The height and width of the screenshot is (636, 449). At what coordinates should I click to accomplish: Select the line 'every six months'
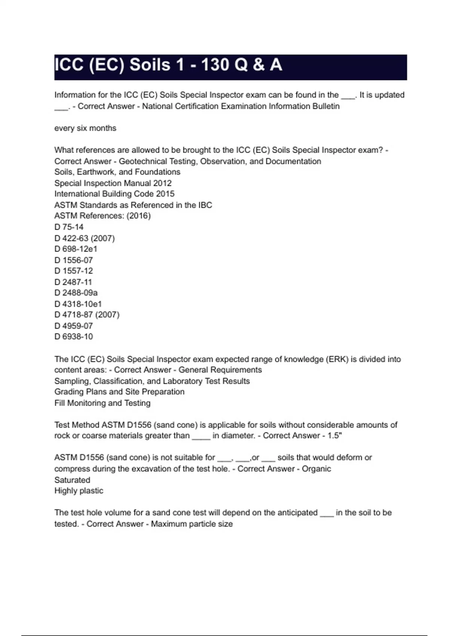click(85, 128)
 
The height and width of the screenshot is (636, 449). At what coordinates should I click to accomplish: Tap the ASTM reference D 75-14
click(69, 227)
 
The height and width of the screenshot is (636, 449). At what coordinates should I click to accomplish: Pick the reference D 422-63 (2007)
click(85, 238)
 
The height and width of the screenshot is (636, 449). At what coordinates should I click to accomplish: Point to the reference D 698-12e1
click(76, 249)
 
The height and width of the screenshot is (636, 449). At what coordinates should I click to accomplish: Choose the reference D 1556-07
click(74, 260)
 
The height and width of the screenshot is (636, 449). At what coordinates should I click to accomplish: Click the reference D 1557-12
click(74, 271)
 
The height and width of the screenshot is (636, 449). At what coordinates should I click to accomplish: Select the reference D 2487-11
click(73, 282)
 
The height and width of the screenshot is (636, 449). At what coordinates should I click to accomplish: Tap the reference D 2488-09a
click(76, 293)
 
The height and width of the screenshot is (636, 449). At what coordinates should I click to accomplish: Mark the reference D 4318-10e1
click(78, 304)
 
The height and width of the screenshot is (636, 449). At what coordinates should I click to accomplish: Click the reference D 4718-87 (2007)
click(87, 315)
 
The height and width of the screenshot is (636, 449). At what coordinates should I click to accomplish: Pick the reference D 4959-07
click(74, 326)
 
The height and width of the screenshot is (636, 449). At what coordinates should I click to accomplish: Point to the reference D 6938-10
click(74, 337)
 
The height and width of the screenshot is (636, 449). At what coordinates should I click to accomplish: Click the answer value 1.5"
click(335, 436)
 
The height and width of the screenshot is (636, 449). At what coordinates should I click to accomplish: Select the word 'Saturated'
click(72, 480)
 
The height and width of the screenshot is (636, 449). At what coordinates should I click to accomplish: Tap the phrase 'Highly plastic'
click(79, 491)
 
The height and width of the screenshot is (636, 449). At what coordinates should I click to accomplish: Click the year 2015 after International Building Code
click(165, 194)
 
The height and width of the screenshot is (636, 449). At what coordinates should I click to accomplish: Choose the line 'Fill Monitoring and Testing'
click(102, 403)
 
